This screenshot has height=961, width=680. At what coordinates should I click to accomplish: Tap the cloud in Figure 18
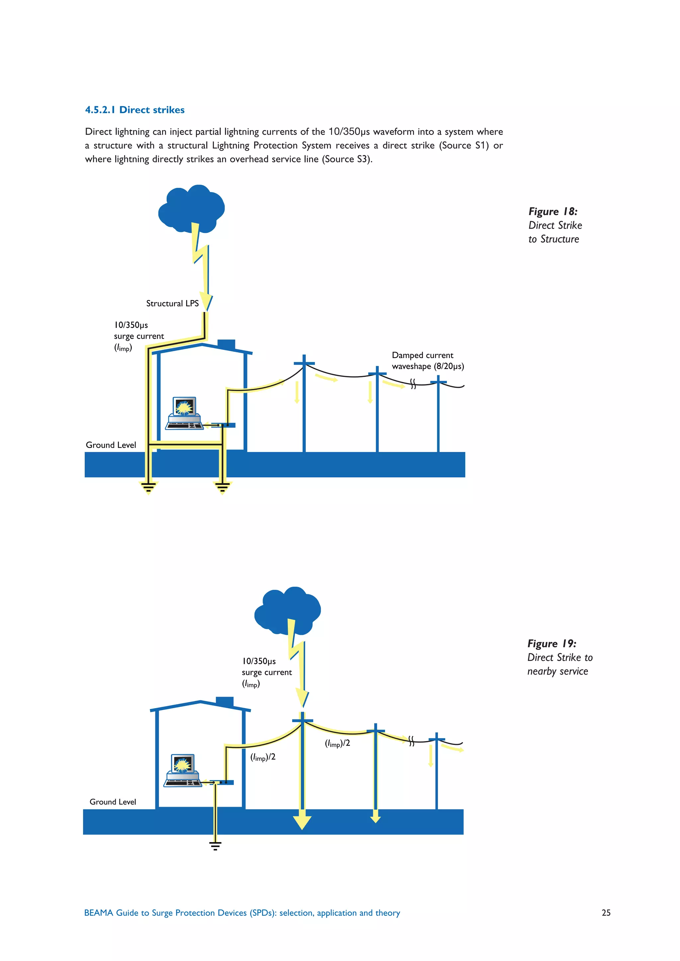pos(191,208)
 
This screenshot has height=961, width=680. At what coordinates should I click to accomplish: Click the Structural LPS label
pos(172,303)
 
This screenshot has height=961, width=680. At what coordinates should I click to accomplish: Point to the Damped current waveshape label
pos(428,360)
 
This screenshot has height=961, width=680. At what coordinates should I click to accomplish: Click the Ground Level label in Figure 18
pos(111,445)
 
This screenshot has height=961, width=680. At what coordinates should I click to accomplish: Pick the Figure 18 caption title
pos(553,211)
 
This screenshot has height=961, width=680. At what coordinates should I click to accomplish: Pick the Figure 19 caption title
pos(552,643)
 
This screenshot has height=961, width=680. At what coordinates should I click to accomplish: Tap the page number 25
pos(606,913)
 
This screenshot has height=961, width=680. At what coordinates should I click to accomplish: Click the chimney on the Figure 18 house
pos(226,344)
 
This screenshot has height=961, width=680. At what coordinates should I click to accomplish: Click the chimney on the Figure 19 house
pos(224,702)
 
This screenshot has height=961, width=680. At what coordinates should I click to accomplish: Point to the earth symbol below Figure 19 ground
pos(215,846)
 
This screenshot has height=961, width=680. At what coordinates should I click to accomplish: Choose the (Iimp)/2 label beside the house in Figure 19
pos(263,757)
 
